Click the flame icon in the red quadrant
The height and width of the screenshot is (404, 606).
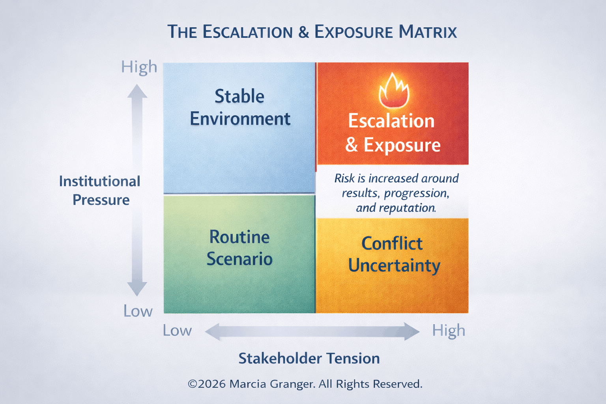393,91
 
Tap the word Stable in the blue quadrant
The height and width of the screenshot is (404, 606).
239,97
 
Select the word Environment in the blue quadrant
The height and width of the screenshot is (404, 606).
240,119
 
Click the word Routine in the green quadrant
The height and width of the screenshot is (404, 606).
239,237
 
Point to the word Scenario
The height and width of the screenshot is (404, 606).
239,259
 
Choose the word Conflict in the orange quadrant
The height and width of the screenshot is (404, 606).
392,243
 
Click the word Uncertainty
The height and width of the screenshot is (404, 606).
394,266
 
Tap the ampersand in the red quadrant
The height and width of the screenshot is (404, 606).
351,145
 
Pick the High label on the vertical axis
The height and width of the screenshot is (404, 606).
139,67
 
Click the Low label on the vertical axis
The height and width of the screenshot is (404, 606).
138,311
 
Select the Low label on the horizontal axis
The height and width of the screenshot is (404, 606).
177,331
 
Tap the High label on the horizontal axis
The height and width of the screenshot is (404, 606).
449,331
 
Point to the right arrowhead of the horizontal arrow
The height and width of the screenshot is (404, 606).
412,331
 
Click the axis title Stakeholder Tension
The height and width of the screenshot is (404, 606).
309,358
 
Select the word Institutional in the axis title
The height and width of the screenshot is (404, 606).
99,181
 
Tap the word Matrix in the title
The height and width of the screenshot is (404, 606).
428,32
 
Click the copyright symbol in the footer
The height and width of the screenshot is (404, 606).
192,384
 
